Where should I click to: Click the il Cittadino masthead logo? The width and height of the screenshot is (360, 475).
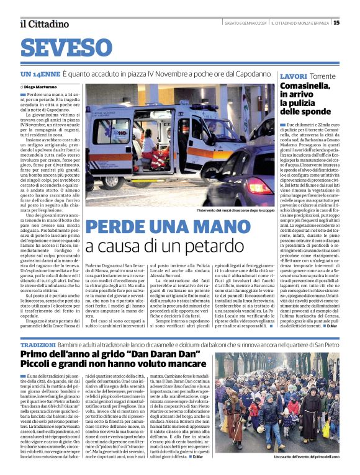tap(44, 24)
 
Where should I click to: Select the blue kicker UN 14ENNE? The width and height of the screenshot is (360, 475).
tap(40, 74)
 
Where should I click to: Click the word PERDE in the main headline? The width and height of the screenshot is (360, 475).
tap(119, 228)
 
